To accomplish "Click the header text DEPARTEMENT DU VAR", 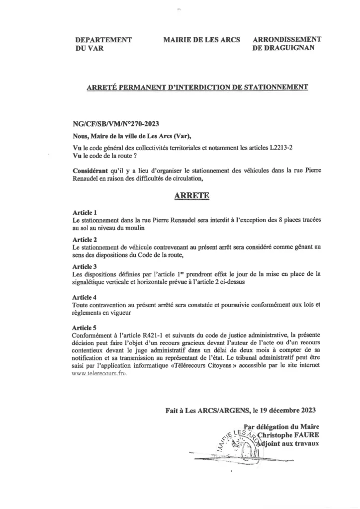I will pyautogui.click(x=103, y=44).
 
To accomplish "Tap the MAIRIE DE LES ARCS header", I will pyautogui.click(x=201, y=40).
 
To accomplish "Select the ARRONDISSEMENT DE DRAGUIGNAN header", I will pyautogui.click(x=287, y=44).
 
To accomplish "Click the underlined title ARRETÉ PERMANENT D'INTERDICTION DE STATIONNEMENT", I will pyautogui.click(x=197, y=87).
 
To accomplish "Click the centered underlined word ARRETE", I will pyautogui.click(x=192, y=196).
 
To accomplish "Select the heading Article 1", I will pyautogui.click(x=85, y=212).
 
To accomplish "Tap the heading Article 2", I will pyautogui.click(x=85, y=240).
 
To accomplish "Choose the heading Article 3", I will pyautogui.click(x=85, y=266).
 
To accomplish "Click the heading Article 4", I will pyautogui.click(x=85, y=297).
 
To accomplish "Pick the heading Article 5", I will pyautogui.click(x=85, y=328).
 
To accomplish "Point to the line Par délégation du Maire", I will pyautogui.click(x=285, y=426).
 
